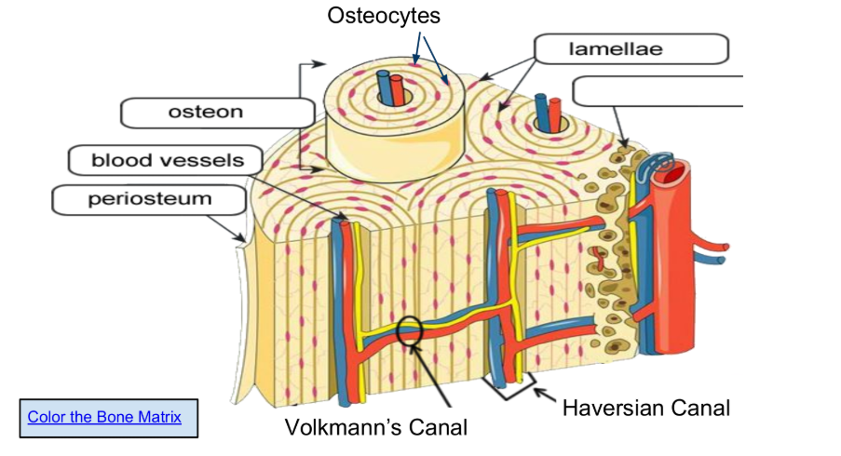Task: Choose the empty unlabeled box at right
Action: pos(658,91)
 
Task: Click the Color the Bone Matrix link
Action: pos(104,417)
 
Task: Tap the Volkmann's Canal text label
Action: pos(375,427)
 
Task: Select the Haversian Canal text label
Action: pos(645,408)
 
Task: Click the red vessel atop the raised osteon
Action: pos(398,89)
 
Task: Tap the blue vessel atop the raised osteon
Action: pos(383,88)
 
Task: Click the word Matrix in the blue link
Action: pos(159,417)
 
